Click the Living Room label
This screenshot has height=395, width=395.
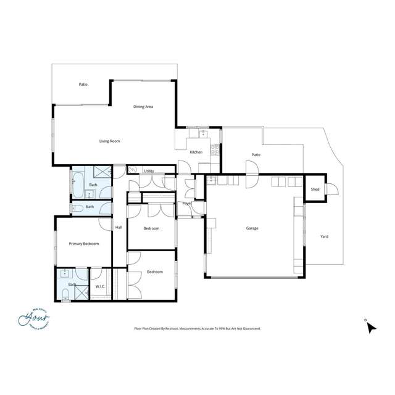[x=109, y=141]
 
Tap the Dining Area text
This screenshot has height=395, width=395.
[x=143, y=107]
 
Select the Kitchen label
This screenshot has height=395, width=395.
[x=196, y=152]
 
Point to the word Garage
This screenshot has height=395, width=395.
[x=252, y=228]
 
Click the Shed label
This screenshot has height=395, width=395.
[x=315, y=189]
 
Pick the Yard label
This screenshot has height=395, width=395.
[x=324, y=236]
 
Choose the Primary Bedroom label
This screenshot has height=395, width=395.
[x=83, y=244]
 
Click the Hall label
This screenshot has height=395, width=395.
[x=118, y=228]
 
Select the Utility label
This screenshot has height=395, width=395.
[x=149, y=171]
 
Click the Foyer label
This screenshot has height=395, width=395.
[x=186, y=203]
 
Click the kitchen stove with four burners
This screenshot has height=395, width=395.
[x=215, y=148]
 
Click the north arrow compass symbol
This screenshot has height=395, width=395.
[x=370, y=327]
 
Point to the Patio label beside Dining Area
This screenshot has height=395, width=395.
[x=83, y=85]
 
